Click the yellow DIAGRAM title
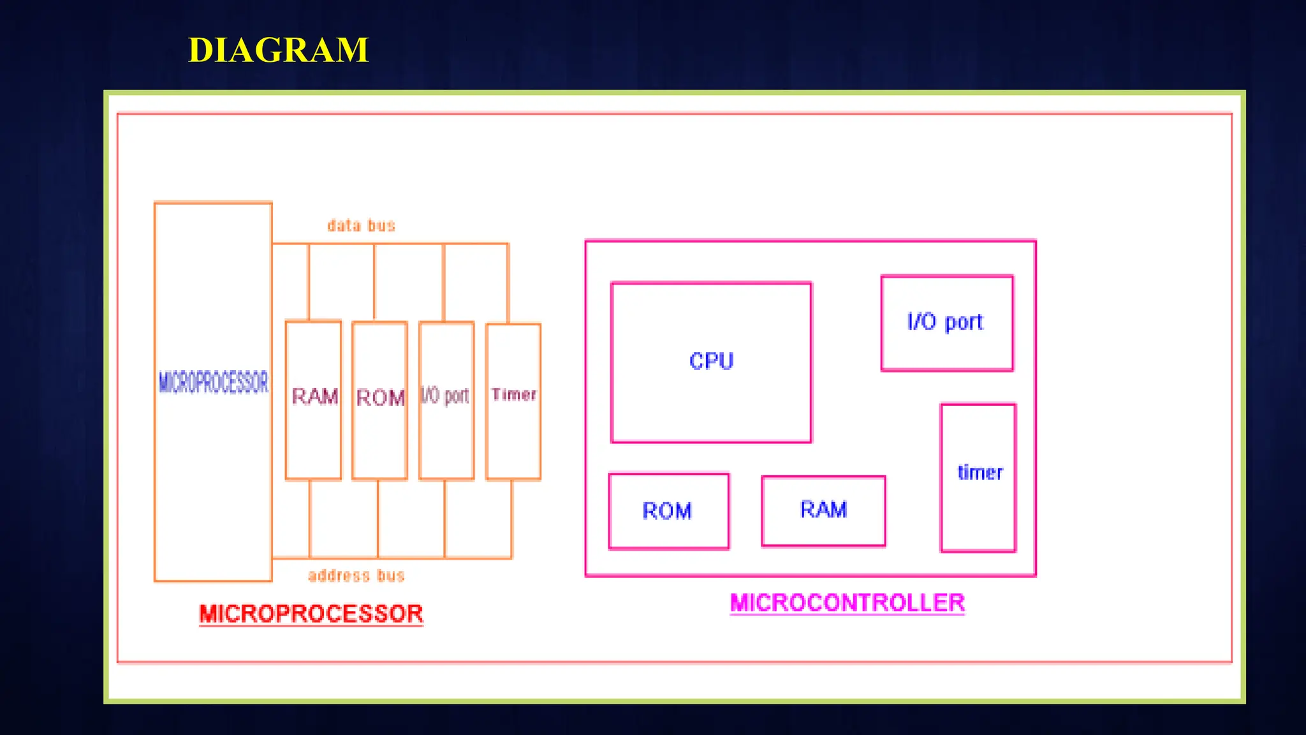coord(278,50)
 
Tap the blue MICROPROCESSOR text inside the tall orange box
coord(214,382)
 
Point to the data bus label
coord(361,225)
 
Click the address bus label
coord(356,575)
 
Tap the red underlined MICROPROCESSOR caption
coord(311,614)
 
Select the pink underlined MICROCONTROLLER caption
coord(847,603)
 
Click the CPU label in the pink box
coord(711,361)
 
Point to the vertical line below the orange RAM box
coord(310,518)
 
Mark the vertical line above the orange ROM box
coord(374,281)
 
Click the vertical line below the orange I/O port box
coord(444,518)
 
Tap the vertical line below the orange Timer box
coord(511,518)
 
